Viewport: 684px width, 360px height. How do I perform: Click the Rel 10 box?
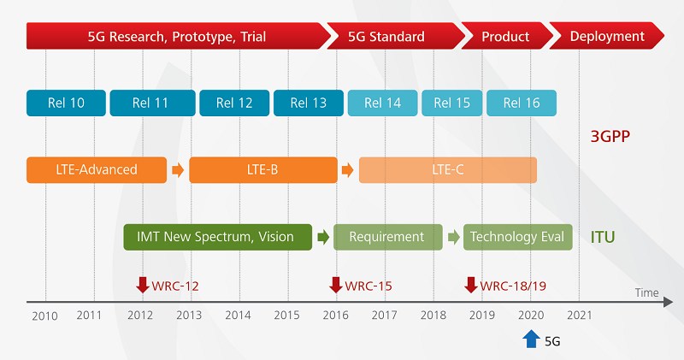click(66, 103)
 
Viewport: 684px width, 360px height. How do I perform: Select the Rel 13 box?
click(309, 103)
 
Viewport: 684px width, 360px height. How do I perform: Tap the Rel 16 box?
click(522, 103)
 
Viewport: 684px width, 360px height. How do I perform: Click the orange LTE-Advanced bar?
click(96, 170)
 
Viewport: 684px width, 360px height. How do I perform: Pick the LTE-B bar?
click(263, 170)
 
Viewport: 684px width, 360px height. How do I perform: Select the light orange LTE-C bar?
click(447, 170)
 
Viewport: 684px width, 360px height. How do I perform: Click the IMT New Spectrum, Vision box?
click(218, 237)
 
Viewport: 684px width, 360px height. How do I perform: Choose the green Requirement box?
click(387, 237)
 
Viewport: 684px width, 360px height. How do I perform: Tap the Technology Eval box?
click(518, 237)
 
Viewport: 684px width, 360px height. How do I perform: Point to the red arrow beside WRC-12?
click(143, 285)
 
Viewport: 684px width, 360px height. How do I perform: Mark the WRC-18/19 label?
click(513, 286)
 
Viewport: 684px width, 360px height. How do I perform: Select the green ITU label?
click(603, 237)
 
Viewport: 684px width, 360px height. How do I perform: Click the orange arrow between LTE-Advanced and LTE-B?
click(178, 170)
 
